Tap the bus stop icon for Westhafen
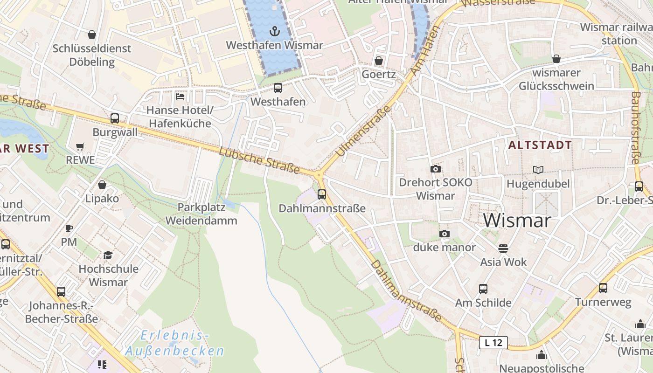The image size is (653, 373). [x=278, y=88]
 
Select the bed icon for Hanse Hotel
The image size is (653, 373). [x=180, y=97]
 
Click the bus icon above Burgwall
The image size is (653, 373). [x=115, y=118]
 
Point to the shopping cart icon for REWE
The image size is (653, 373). [x=80, y=146]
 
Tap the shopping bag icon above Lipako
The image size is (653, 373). [x=102, y=185]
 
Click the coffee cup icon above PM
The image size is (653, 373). [x=69, y=228]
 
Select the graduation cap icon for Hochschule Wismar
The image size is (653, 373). [x=108, y=255]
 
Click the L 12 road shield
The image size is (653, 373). [x=493, y=343]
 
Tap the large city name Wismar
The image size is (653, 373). [x=517, y=220]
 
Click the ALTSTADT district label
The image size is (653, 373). [x=540, y=145]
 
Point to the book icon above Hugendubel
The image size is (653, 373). [x=538, y=170]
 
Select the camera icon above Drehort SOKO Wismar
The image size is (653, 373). [x=436, y=169]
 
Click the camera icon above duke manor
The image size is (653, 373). [x=445, y=234]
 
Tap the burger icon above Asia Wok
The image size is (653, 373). [x=503, y=249]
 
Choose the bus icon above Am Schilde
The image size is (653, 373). [x=483, y=289]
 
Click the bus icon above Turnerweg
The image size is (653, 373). [x=603, y=288]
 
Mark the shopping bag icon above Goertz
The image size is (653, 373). [x=379, y=61]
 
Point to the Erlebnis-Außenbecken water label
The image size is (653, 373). [x=174, y=343]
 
